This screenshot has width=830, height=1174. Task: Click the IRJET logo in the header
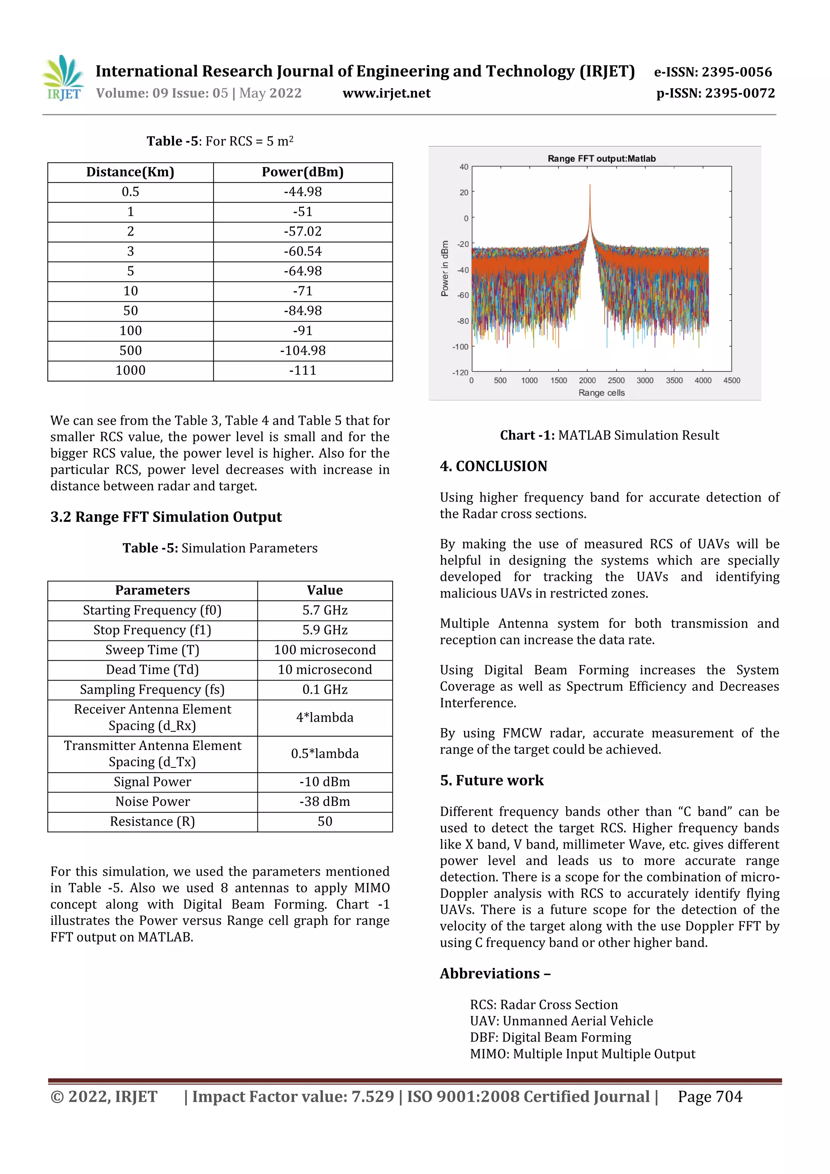(x=63, y=78)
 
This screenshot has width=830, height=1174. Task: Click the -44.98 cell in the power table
(x=303, y=192)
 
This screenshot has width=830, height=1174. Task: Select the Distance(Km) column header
(x=130, y=172)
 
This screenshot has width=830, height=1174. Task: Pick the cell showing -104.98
(x=303, y=351)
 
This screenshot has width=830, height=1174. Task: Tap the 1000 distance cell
(x=130, y=370)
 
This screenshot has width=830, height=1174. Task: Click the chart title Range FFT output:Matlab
(x=601, y=159)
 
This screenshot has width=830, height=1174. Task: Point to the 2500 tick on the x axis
(x=616, y=380)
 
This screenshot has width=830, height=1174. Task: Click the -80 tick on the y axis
(x=462, y=321)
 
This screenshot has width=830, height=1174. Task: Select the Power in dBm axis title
(x=445, y=268)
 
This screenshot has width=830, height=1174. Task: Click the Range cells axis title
(x=601, y=393)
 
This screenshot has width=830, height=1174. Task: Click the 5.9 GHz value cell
(x=325, y=630)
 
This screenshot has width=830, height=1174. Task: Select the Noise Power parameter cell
(x=152, y=801)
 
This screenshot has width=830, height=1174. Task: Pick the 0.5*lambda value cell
(x=325, y=754)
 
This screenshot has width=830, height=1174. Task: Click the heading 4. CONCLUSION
(x=493, y=466)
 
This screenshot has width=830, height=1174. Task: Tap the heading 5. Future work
(x=491, y=780)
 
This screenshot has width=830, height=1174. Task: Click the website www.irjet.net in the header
(x=386, y=93)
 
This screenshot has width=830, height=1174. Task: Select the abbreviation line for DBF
(x=550, y=1037)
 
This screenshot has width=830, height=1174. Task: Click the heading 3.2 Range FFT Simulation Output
(x=166, y=517)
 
